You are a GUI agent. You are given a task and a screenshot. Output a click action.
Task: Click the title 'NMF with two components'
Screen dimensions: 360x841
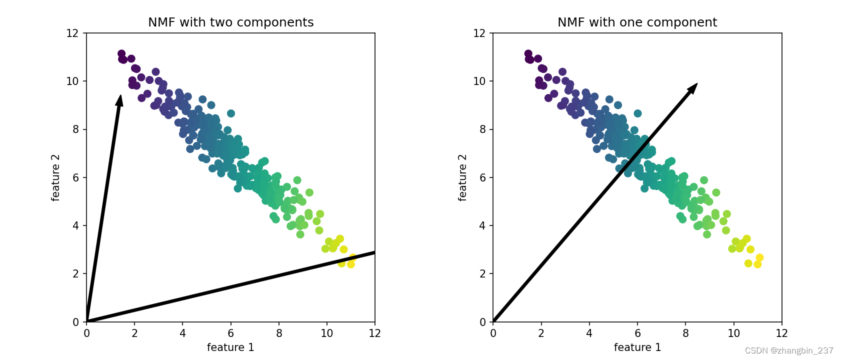click(x=230, y=22)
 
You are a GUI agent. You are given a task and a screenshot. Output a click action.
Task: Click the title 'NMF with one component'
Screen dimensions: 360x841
click(x=637, y=22)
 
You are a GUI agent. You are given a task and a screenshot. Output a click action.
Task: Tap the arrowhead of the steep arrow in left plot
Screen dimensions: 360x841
click(x=119, y=100)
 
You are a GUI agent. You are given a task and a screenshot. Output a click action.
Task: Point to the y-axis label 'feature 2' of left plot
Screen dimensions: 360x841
click(x=55, y=177)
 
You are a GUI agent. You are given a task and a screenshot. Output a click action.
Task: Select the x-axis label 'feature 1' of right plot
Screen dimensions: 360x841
click(x=637, y=347)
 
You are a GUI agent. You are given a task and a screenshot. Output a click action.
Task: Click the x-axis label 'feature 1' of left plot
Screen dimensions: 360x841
click(x=230, y=347)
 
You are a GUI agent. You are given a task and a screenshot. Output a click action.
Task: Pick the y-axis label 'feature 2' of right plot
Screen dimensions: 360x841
click(x=462, y=177)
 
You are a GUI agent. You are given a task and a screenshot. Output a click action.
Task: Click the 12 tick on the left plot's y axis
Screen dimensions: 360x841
click(x=72, y=33)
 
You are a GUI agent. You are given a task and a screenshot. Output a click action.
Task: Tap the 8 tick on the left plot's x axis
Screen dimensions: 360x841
click(x=279, y=333)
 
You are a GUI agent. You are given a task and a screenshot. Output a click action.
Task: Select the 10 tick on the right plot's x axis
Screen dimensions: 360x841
click(x=733, y=333)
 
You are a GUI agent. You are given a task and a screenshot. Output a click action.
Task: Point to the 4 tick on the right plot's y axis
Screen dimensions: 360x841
click(x=482, y=225)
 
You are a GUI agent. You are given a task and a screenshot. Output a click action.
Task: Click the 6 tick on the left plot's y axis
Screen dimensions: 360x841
click(x=75, y=177)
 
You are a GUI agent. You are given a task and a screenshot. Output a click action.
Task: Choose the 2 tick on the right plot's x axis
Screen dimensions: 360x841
click(x=541, y=333)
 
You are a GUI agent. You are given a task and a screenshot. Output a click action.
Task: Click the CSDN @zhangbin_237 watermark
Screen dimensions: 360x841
click(x=789, y=350)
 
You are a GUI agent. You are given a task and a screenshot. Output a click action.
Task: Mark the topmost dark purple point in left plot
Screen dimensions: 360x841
click(x=121, y=53)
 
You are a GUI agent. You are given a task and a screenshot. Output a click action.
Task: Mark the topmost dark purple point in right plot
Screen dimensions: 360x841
click(x=528, y=53)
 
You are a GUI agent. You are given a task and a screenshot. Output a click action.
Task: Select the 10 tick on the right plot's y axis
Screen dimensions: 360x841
click(x=479, y=81)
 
